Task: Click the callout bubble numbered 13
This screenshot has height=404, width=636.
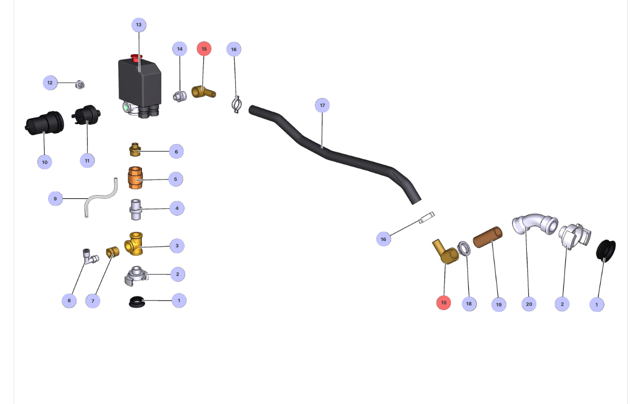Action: [x=139, y=25]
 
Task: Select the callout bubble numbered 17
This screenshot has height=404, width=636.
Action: [x=322, y=105]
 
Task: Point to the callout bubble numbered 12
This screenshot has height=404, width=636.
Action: [x=50, y=83]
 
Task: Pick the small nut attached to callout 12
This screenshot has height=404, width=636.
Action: [x=80, y=84]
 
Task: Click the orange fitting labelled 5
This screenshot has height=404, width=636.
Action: [x=135, y=178]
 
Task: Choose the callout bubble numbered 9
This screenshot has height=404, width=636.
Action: [x=55, y=199]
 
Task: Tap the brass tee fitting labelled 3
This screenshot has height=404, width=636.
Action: [x=134, y=244]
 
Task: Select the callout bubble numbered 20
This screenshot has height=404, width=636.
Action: [x=529, y=304]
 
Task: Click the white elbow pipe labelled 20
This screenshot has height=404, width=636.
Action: [x=534, y=224]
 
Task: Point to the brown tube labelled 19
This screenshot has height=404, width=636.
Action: [x=487, y=237]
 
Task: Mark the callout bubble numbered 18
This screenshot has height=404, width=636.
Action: [x=469, y=304]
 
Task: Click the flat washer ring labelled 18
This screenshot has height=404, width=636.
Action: [x=464, y=247]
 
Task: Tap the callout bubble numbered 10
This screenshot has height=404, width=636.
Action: [x=44, y=162]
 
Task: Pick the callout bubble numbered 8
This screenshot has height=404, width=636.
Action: [x=69, y=301]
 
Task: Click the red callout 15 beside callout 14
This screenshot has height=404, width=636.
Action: [x=204, y=49]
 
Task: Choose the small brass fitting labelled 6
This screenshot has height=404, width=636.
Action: [x=135, y=150]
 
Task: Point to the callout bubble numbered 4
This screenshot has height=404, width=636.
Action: [x=177, y=208]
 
